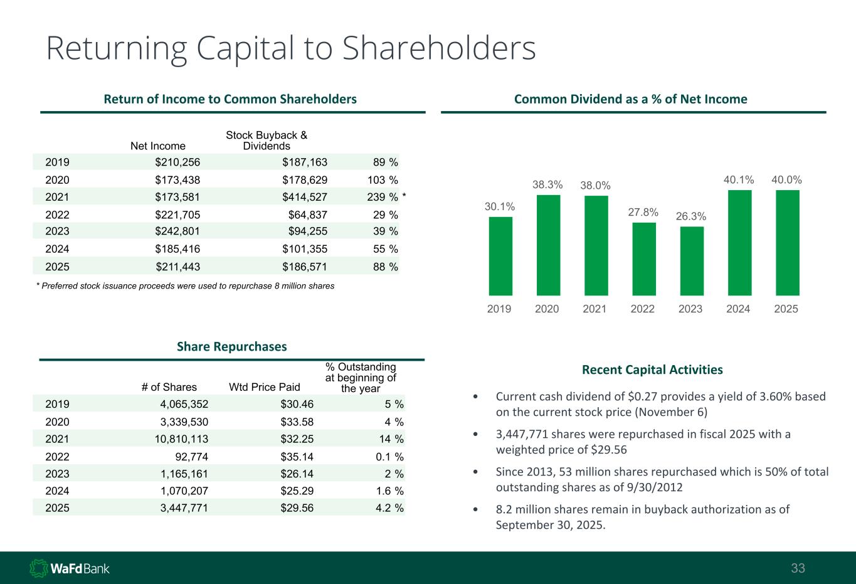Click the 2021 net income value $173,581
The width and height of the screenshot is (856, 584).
coord(177,197)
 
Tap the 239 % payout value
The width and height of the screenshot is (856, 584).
coord(382,197)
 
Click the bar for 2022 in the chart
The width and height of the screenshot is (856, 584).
coord(643,258)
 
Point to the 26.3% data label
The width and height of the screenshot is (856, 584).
coord(691,216)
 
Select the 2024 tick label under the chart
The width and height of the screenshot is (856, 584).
coord(738,309)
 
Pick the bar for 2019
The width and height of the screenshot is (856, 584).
coord(500,256)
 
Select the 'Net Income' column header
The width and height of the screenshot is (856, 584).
coord(158,146)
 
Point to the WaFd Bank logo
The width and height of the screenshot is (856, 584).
coord(70,568)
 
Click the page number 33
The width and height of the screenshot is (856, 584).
coord(798,569)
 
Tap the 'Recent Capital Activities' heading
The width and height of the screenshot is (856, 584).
coord(652,369)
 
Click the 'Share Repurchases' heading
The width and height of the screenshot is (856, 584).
coord(232,346)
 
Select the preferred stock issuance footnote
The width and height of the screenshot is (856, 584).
coord(185,286)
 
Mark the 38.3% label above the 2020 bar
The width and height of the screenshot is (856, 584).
coord(547,184)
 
